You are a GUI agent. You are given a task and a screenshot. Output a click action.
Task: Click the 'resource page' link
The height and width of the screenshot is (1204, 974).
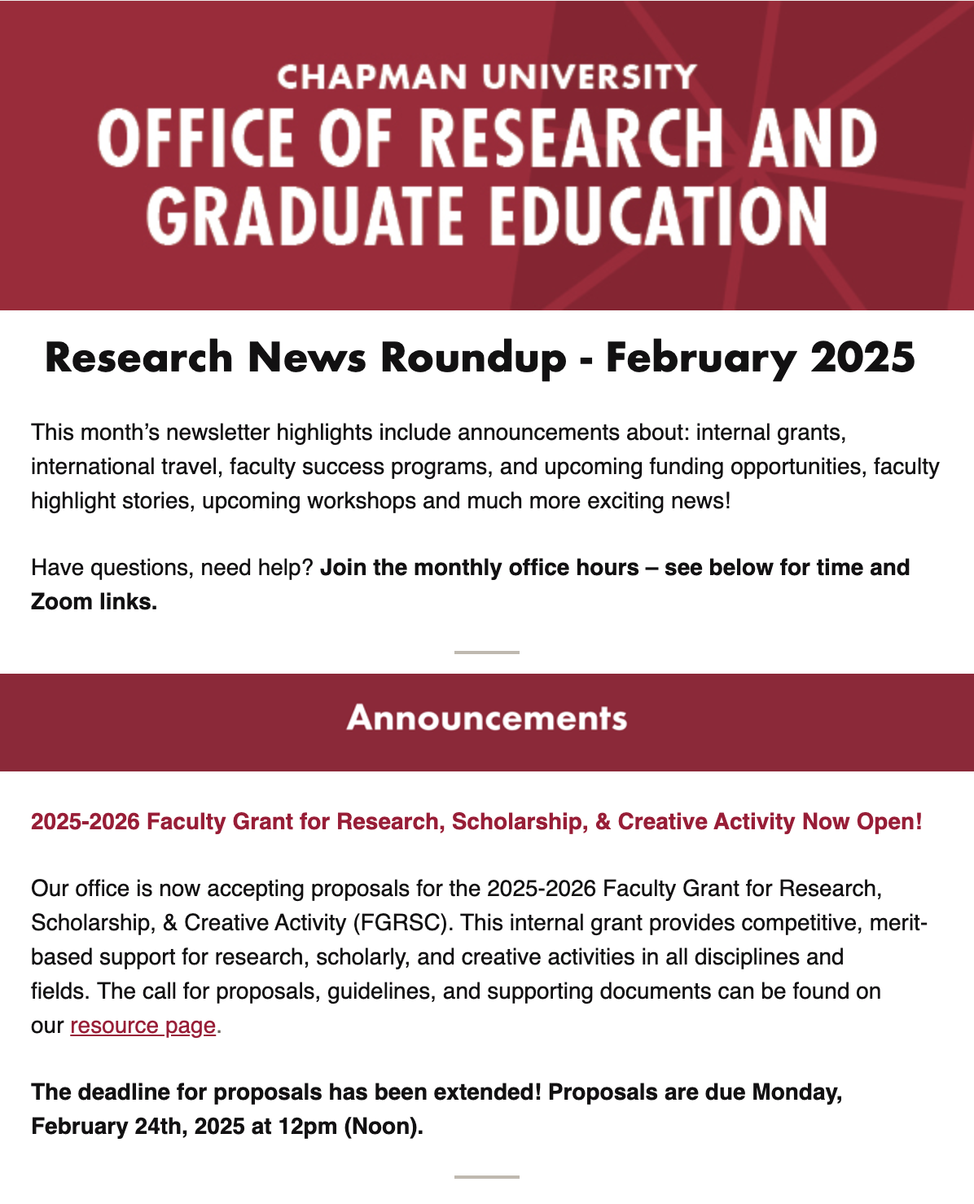click(143, 1026)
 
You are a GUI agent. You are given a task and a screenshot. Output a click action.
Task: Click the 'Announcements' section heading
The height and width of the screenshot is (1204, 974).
click(486, 718)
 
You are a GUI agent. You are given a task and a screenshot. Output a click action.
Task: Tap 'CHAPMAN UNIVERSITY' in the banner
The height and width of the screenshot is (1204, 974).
click(486, 77)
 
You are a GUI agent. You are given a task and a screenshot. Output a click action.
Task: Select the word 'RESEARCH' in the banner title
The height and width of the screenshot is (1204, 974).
click(571, 138)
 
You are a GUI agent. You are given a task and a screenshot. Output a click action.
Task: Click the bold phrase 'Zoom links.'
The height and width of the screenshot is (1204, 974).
click(94, 602)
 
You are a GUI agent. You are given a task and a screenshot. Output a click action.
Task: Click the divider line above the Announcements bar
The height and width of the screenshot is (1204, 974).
click(486, 653)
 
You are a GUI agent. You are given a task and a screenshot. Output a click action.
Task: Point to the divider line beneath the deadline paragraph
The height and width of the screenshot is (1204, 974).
click(486, 1177)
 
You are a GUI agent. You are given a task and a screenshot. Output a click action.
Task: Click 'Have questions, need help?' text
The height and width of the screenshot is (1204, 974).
click(172, 568)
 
